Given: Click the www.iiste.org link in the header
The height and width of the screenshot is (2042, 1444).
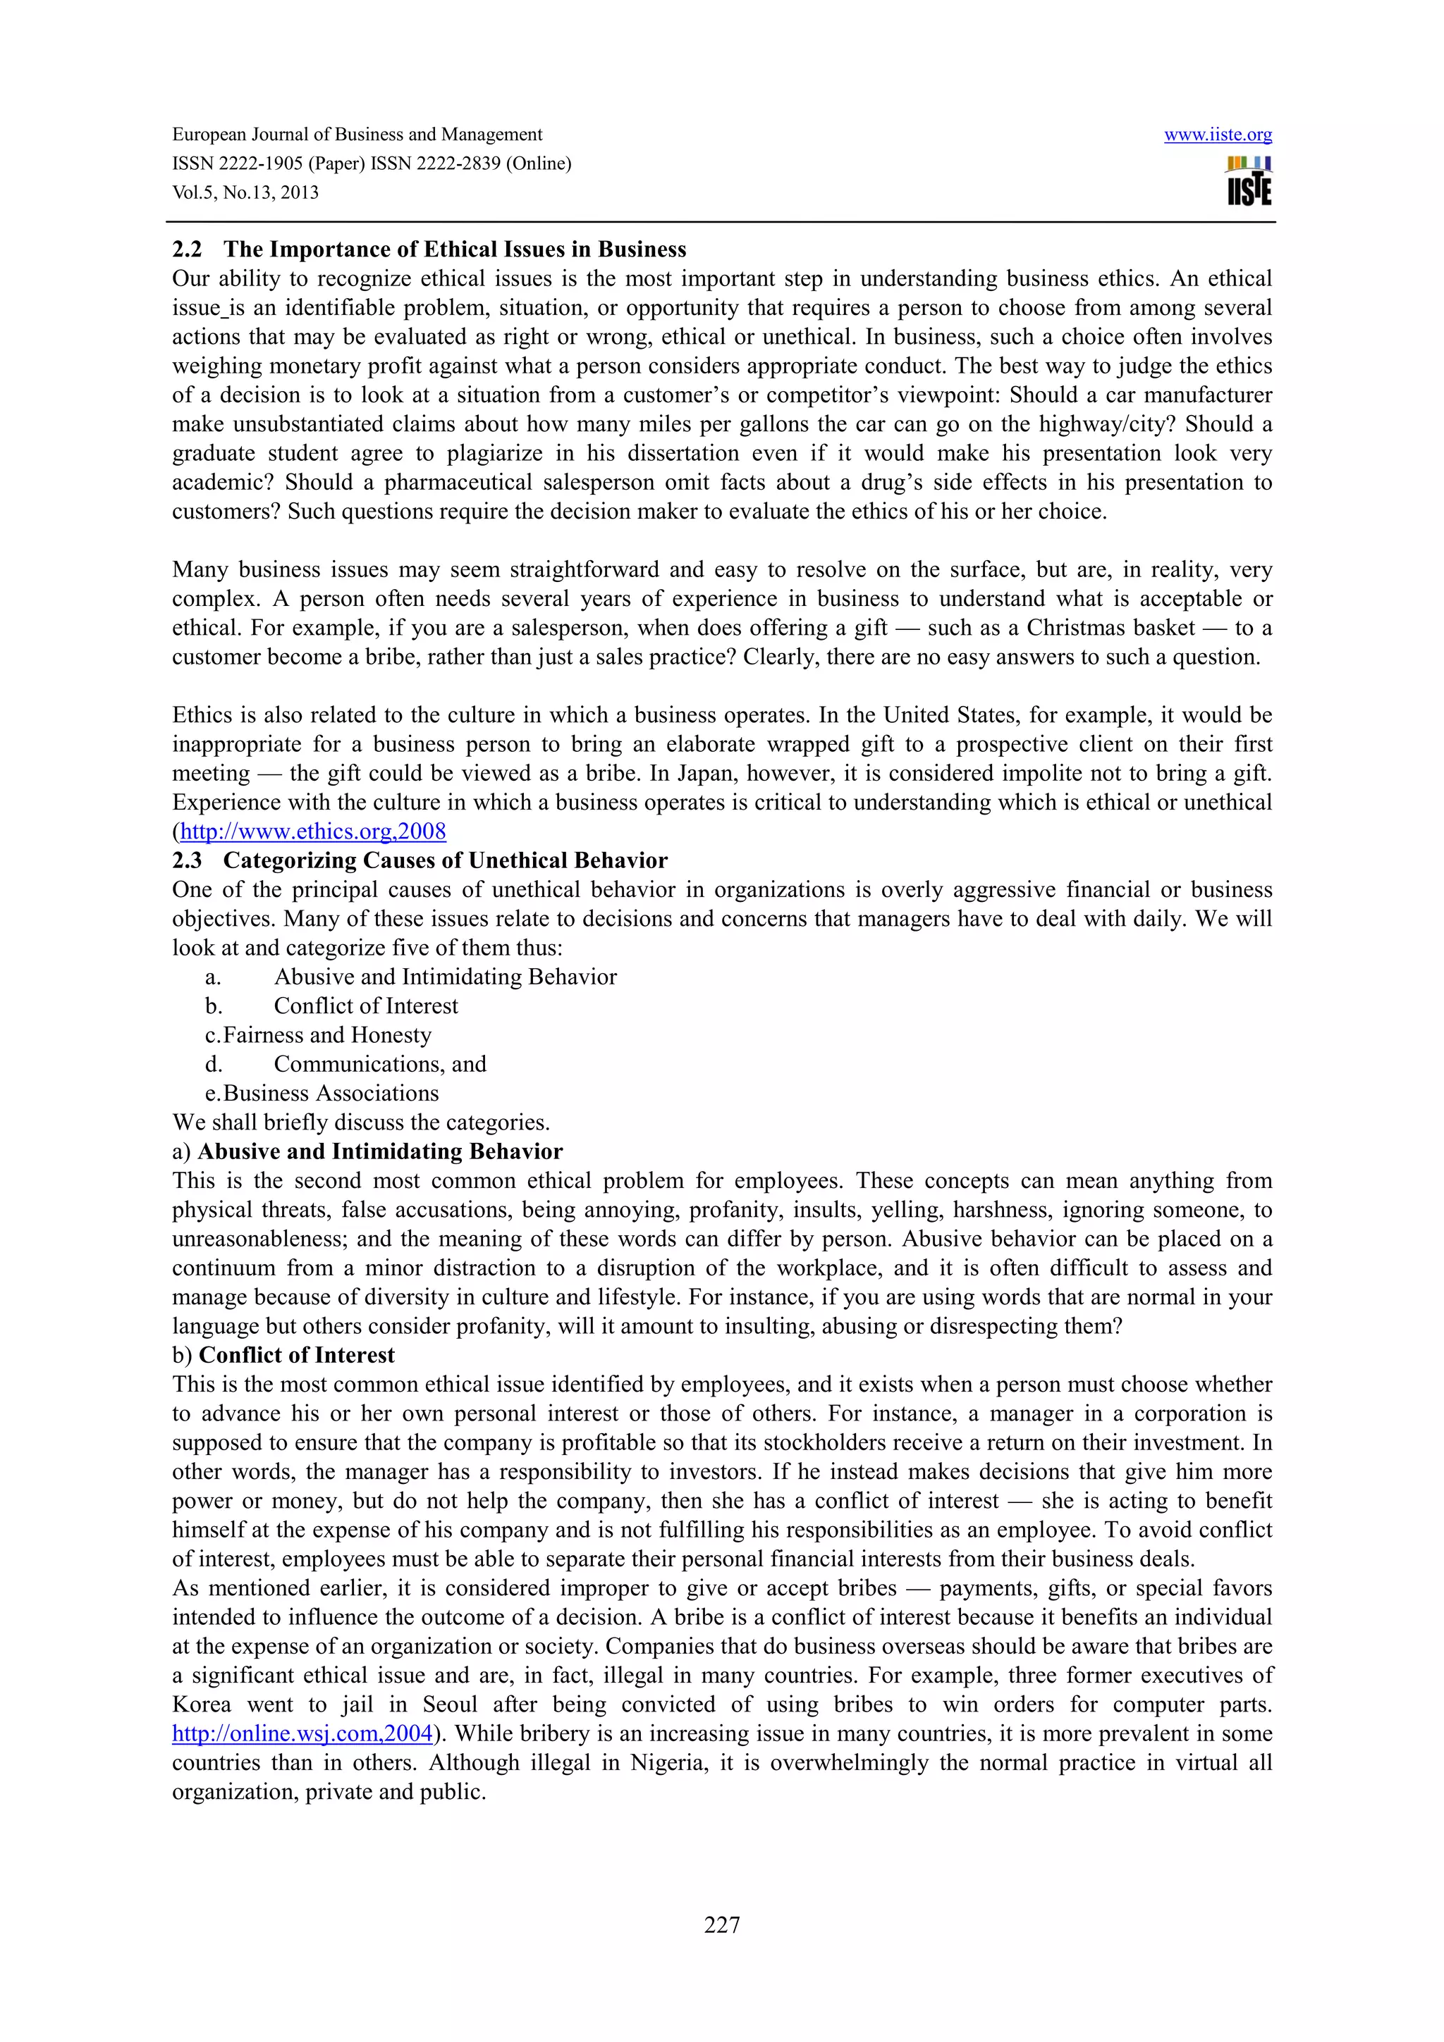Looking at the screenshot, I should pos(1217,135).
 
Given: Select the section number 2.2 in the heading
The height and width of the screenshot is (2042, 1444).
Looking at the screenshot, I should pos(187,250).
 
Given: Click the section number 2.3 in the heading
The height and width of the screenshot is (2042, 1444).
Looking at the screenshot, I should pos(187,861).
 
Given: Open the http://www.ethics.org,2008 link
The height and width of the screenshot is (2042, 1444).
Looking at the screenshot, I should pos(312,831).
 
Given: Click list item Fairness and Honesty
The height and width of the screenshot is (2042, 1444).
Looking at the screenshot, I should pos(326,1035).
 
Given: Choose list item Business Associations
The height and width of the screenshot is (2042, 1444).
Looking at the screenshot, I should pos(330,1093).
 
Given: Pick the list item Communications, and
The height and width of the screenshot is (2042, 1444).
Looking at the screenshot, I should pos(380,1065).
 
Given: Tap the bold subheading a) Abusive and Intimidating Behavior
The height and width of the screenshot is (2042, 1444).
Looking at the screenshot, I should pos(367,1152).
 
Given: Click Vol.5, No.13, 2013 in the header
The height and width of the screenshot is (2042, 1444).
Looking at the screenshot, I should pos(245,193).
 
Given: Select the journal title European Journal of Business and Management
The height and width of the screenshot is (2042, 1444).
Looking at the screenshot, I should pos(357,135).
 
